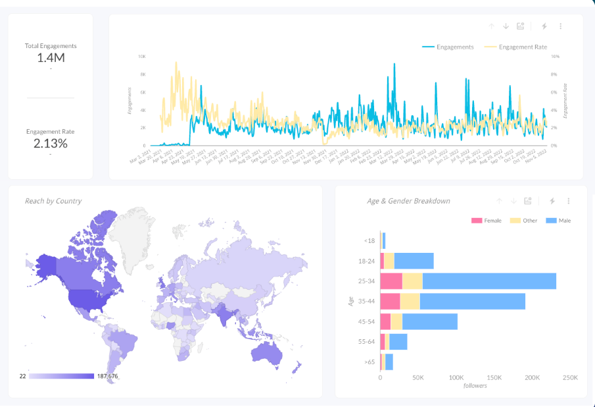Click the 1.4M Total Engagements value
click(51, 58)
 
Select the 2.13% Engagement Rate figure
click(51, 143)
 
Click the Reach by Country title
click(53, 201)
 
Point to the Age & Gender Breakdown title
click(408, 201)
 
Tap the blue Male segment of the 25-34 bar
click(489, 281)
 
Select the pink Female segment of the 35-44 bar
click(390, 302)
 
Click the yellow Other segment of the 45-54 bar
click(396, 321)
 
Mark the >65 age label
click(369, 362)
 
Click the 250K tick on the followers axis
click(570, 378)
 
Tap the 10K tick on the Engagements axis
click(142, 57)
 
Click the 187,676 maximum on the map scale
click(108, 376)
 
